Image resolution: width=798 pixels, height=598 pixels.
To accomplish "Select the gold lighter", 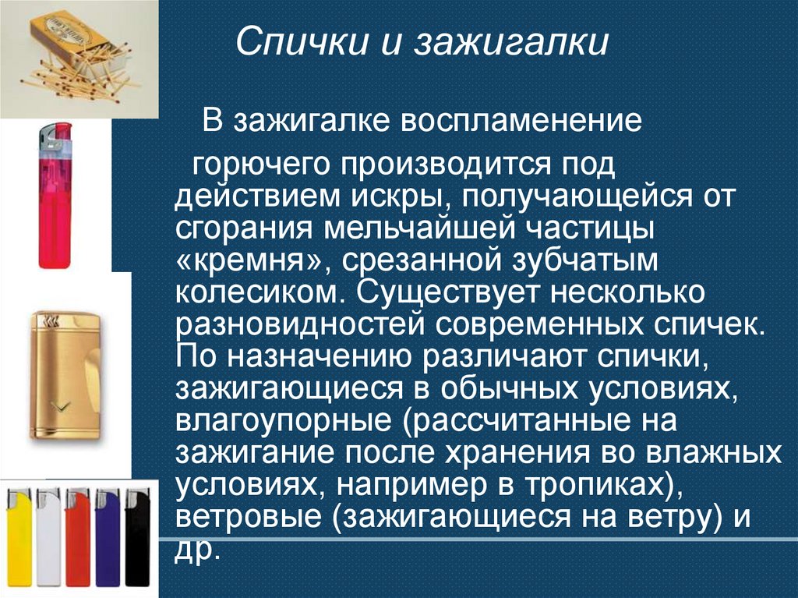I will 65,375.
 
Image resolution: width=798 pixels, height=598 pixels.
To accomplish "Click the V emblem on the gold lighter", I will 57,405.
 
